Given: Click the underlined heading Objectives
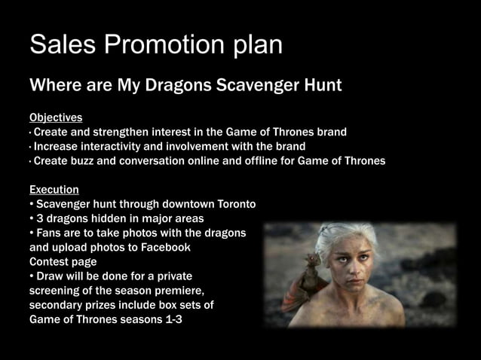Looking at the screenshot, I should [56, 118].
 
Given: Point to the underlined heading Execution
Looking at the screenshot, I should [54, 189].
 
